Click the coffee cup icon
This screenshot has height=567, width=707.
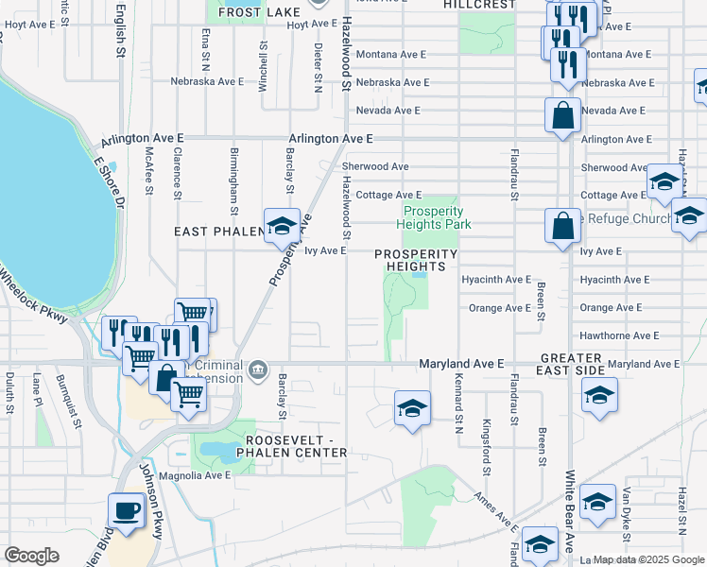[x=126, y=511]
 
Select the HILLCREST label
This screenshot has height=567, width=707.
[x=480, y=5]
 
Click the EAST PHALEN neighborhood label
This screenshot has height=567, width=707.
[x=217, y=231]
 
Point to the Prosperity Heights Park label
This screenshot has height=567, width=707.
[x=437, y=218]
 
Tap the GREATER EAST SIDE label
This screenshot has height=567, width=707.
[x=572, y=365]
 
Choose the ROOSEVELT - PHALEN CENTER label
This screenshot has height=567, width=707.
[x=296, y=446]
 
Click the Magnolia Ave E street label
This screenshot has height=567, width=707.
[x=195, y=475]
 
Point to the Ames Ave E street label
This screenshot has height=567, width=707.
[x=496, y=513]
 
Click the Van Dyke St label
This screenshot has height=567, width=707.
[x=627, y=508]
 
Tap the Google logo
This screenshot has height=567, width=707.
[x=32, y=556]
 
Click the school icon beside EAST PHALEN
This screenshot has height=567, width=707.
[x=281, y=226]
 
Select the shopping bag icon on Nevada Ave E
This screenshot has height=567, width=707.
[x=562, y=116]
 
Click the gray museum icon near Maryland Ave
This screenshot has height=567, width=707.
[x=258, y=369]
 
